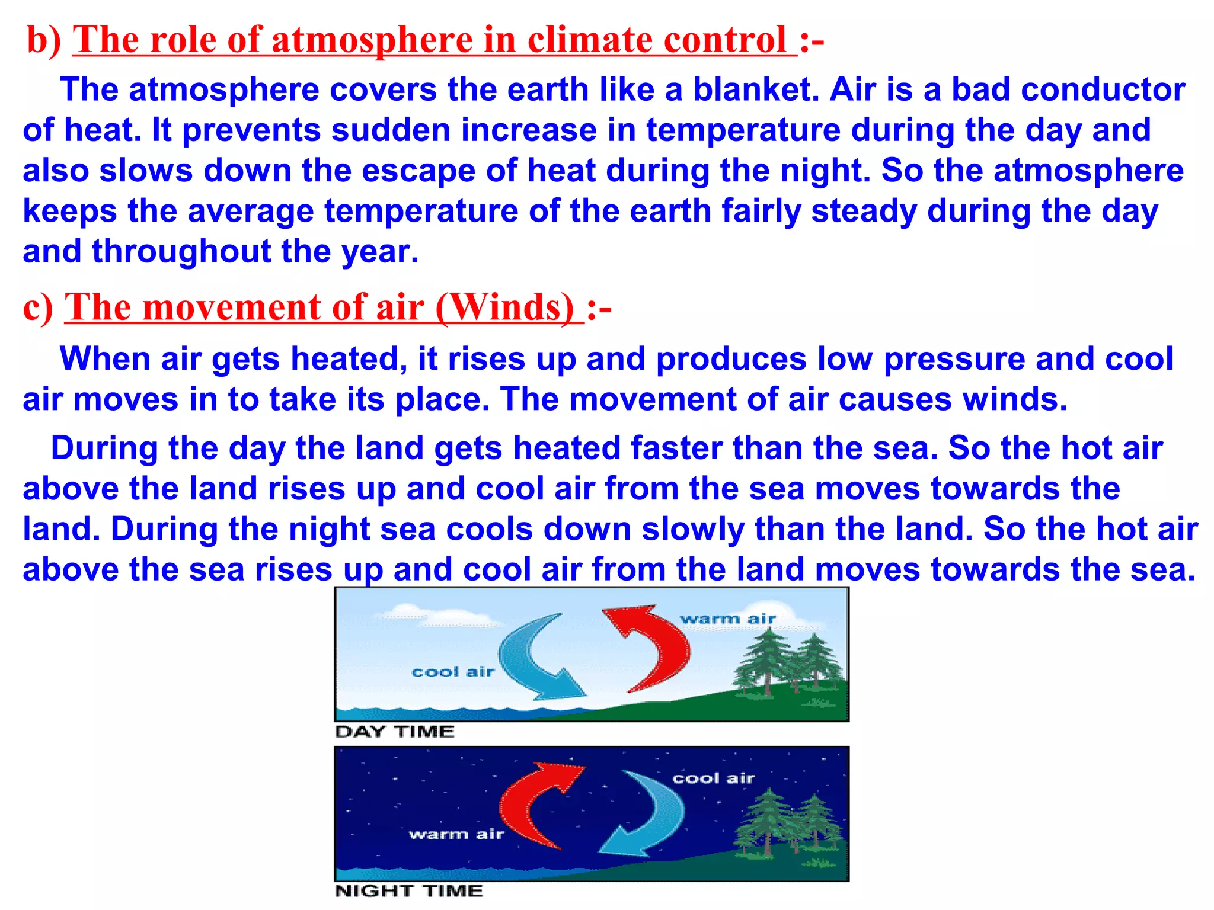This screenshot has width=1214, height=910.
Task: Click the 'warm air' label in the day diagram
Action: [728, 619]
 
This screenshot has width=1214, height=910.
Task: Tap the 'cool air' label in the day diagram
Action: [453, 672]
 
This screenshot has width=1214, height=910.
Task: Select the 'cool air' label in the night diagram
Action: [713, 778]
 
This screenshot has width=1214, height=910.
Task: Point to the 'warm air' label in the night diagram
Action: [456, 834]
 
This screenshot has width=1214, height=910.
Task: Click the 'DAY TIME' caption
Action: [395, 732]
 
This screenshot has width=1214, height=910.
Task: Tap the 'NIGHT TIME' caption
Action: [409, 891]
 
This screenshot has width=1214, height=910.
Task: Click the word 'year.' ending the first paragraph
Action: [380, 252]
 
